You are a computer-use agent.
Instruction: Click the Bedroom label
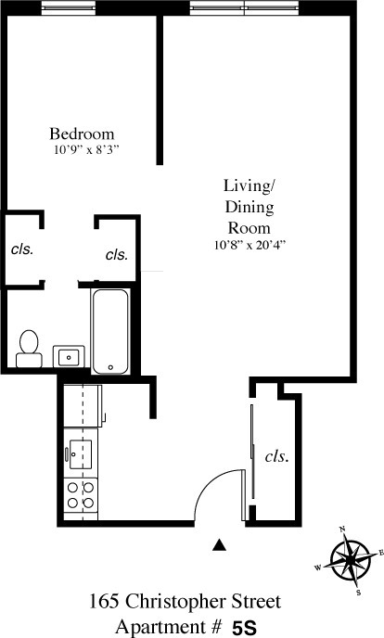pyautogui.click(x=82, y=132)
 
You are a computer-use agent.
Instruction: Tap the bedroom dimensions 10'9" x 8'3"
pyautogui.click(x=86, y=148)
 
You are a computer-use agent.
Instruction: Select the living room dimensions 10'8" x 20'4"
pyautogui.click(x=250, y=246)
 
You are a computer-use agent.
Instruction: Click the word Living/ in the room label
pyautogui.click(x=250, y=184)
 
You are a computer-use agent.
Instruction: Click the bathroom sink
pyautogui.click(x=70, y=355)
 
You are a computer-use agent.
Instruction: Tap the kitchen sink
pyautogui.click(x=81, y=454)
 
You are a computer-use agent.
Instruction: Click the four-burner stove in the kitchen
pyautogui.click(x=81, y=494)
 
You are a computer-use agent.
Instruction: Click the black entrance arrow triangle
pyautogui.click(x=220, y=546)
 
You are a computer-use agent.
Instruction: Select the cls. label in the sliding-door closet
pyautogui.click(x=276, y=456)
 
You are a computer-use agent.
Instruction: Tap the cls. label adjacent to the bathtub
pyautogui.click(x=116, y=254)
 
